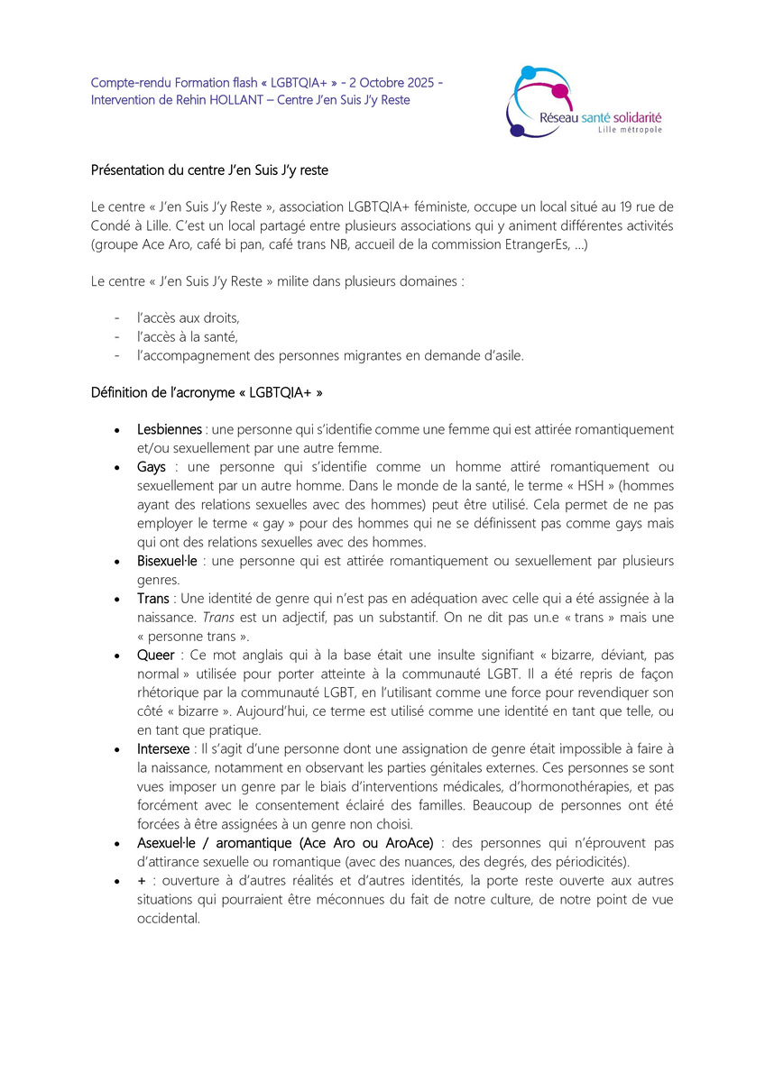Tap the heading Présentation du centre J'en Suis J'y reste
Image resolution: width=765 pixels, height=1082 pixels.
coord(209,170)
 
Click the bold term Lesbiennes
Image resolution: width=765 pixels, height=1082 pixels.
coord(169,429)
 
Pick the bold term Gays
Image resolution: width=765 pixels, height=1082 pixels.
coord(152,467)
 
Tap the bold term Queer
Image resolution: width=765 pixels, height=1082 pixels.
coord(156,655)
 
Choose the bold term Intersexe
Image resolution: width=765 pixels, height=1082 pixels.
coord(163,748)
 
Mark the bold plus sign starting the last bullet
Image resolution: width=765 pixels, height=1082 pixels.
coord(142,880)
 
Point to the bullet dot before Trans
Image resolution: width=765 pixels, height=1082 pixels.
coord(117,599)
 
